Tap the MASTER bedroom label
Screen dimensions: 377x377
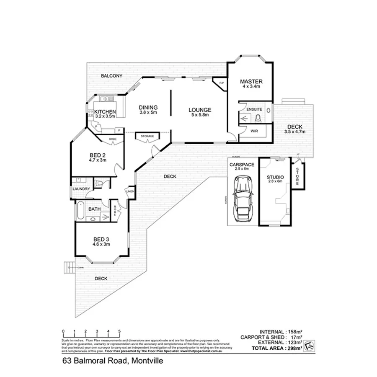pyautogui.click(x=251, y=81)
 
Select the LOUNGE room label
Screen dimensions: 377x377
pyautogui.click(x=199, y=110)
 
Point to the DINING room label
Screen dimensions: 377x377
pyautogui.click(x=148, y=107)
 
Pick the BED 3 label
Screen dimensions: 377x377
pyautogui.click(x=101, y=240)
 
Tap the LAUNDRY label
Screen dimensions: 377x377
pyautogui.click(x=81, y=189)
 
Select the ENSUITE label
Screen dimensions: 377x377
pyautogui.click(x=254, y=109)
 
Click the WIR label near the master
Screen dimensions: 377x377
pyautogui.click(x=254, y=131)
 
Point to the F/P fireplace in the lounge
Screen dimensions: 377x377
pyautogui.click(x=221, y=83)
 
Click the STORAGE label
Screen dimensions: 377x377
pyautogui.click(x=147, y=136)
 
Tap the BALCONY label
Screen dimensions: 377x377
pyautogui.click(x=111, y=76)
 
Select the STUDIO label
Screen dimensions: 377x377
pyautogui.click(x=275, y=178)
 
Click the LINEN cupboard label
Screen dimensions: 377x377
pyautogui.click(x=130, y=191)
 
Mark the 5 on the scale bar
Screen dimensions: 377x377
pyautogui.click(x=120, y=331)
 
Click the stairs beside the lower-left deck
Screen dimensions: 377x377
pyautogui.click(x=69, y=267)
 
